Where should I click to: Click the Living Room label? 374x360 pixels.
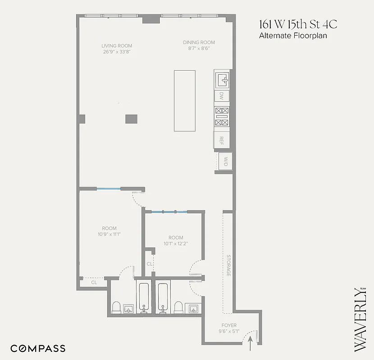[x=116, y=46]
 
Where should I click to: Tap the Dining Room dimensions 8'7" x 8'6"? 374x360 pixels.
[x=199, y=49]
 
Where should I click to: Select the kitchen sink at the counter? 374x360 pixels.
[x=223, y=80]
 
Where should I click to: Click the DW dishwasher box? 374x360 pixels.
[x=221, y=96]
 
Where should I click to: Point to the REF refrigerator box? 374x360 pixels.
[x=221, y=139]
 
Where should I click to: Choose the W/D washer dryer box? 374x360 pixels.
[x=225, y=162]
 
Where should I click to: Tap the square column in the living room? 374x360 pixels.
[x=131, y=119]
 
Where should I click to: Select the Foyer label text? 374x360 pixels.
[x=228, y=325]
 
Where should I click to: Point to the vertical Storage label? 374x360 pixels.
[x=228, y=265]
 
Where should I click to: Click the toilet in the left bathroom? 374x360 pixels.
[x=116, y=307]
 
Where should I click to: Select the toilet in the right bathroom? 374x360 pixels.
[x=178, y=307]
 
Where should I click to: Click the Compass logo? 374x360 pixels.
[x=38, y=348]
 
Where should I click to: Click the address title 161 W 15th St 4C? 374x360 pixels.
[x=297, y=24]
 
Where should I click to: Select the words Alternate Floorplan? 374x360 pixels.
[x=293, y=36]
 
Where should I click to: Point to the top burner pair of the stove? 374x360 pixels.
[x=221, y=111]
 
